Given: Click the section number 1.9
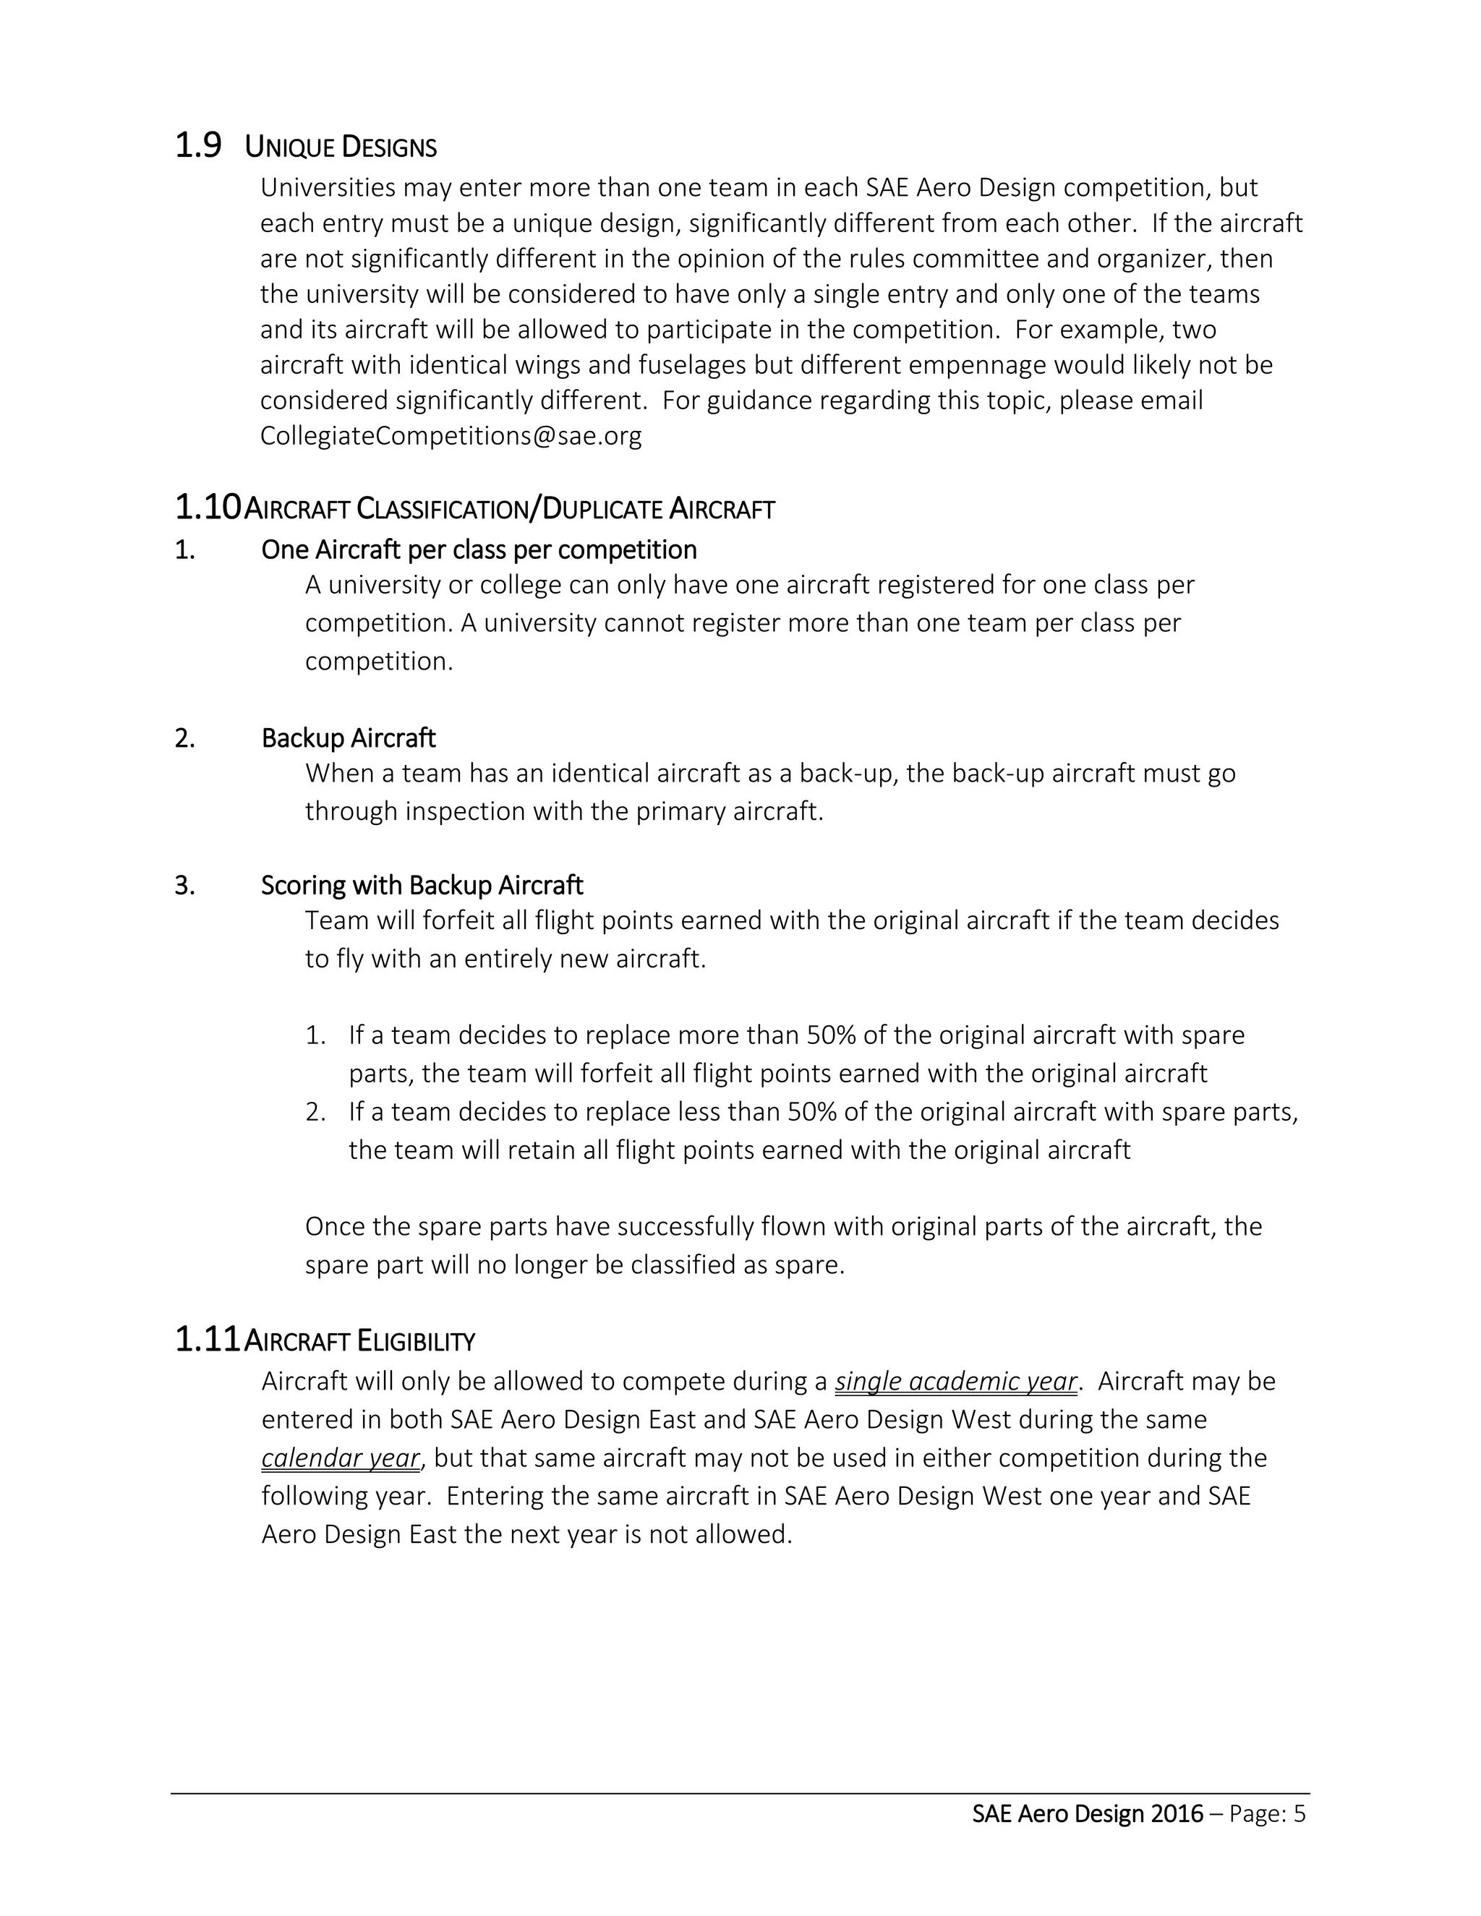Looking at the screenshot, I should point(198,145).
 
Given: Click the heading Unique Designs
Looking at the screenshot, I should point(341,147).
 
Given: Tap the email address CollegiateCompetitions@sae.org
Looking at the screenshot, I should point(451,436).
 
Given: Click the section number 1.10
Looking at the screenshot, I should point(207,508).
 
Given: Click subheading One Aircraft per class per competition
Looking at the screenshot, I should point(479,550).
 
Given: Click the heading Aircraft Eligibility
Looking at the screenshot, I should point(359,1341).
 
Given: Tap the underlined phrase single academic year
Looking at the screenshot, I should point(955,1382).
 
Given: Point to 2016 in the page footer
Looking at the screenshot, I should point(1177,1814).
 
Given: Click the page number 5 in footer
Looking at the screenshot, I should point(1299,1814).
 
